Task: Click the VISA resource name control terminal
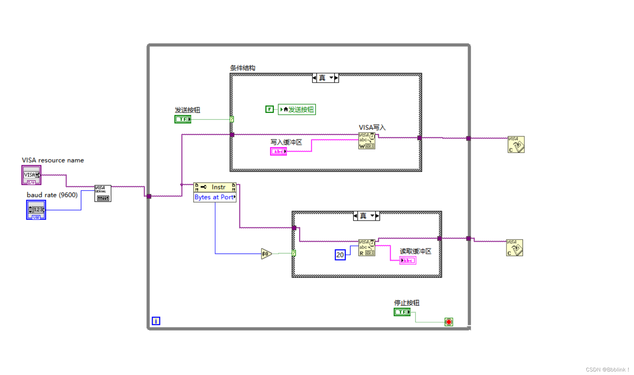(x=31, y=175)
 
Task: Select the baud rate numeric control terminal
(x=36, y=210)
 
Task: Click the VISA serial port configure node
(x=103, y=193)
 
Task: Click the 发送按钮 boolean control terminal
(x=183, y=119)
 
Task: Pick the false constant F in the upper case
(x=269, y=109)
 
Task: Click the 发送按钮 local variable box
(x=297, y=110)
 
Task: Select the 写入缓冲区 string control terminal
(x=278, y=151)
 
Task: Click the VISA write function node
(x=367, y=141)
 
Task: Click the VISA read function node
(x=367, y=248)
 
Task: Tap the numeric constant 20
(x=340, y=255)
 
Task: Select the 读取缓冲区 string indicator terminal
(x=408, y=261)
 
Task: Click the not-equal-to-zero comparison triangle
(x=266, y=254)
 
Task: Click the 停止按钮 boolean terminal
(x=402, y=312)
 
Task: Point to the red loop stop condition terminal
(x=449, y=322)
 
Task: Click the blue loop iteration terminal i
(x=156, y=321)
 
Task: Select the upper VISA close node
(x=516, y=144)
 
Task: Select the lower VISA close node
(x=514, y=248)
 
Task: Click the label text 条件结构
(x=243, y=68)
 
